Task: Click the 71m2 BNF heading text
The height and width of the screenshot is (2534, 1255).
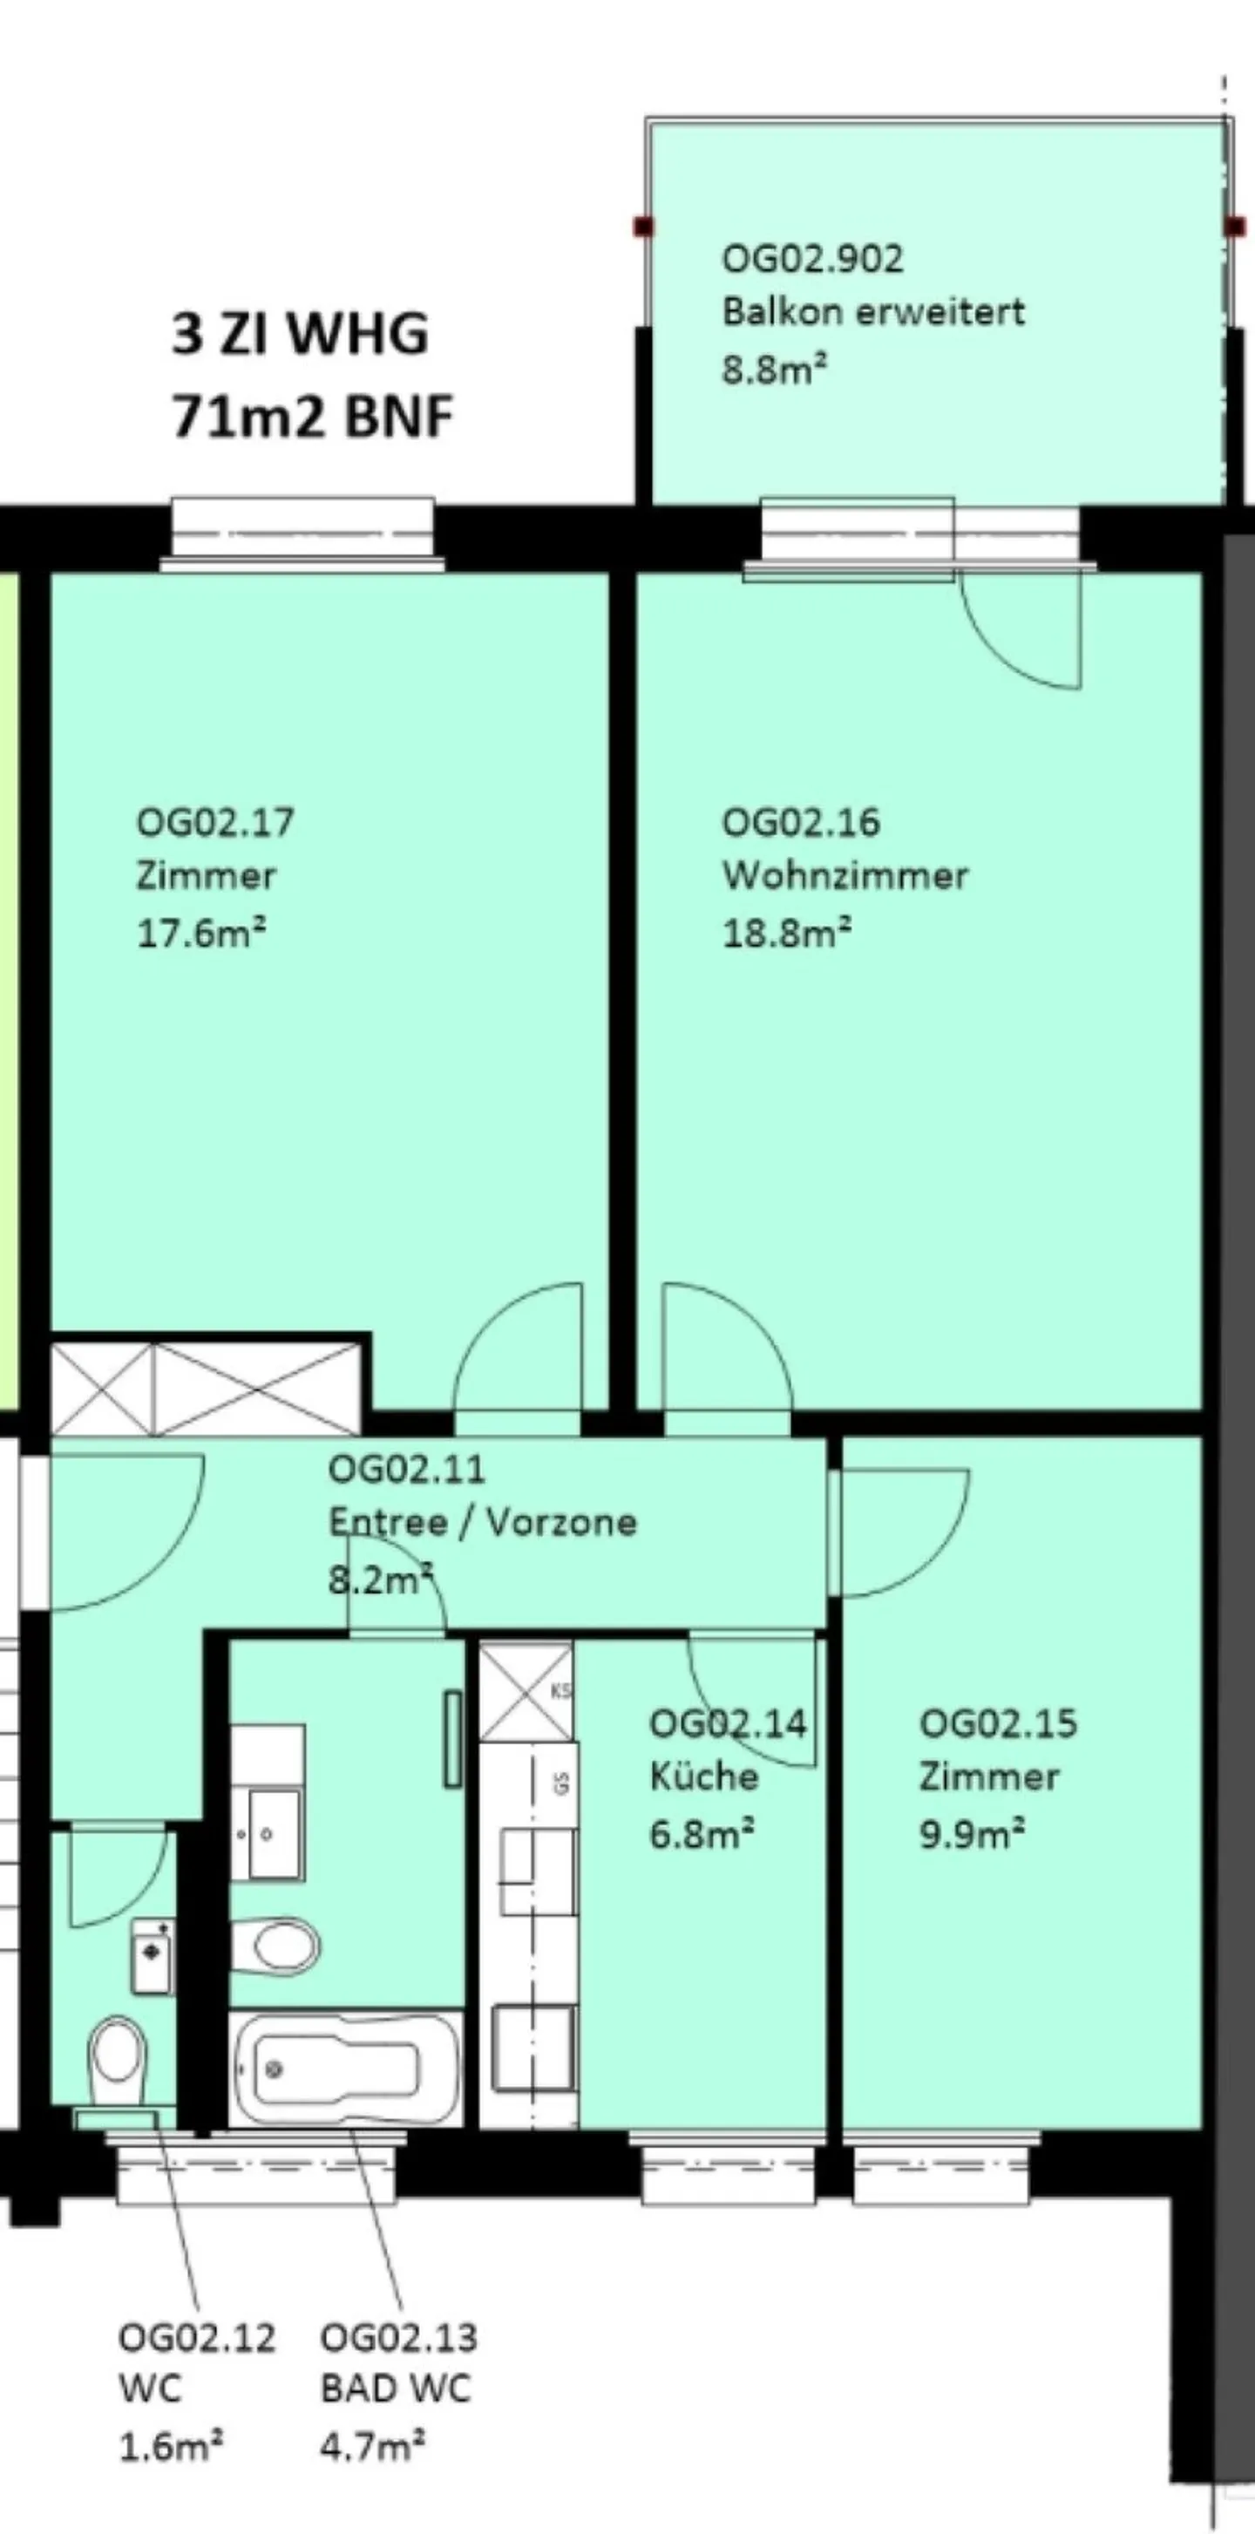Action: [x=312, y=417]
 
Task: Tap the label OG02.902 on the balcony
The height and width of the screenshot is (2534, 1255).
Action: [x=812, y=259]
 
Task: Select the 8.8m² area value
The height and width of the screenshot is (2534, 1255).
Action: [x=774, y=370]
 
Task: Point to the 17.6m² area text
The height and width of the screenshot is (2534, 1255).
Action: [x=200, y=933]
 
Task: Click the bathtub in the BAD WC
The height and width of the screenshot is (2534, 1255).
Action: [x=345, y=2069]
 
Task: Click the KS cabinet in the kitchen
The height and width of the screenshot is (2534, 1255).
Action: [x=526, y=1691]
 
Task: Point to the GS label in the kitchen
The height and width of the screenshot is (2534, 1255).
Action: [x=561, y=1783]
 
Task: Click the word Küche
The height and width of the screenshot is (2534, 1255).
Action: [x=704, y=1777]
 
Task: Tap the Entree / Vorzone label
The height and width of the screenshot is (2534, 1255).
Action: [x=482, y=1522]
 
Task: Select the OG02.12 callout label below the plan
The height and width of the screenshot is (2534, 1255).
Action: [x=197, y=2337]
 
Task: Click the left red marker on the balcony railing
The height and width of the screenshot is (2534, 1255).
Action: [x=643, y=228]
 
